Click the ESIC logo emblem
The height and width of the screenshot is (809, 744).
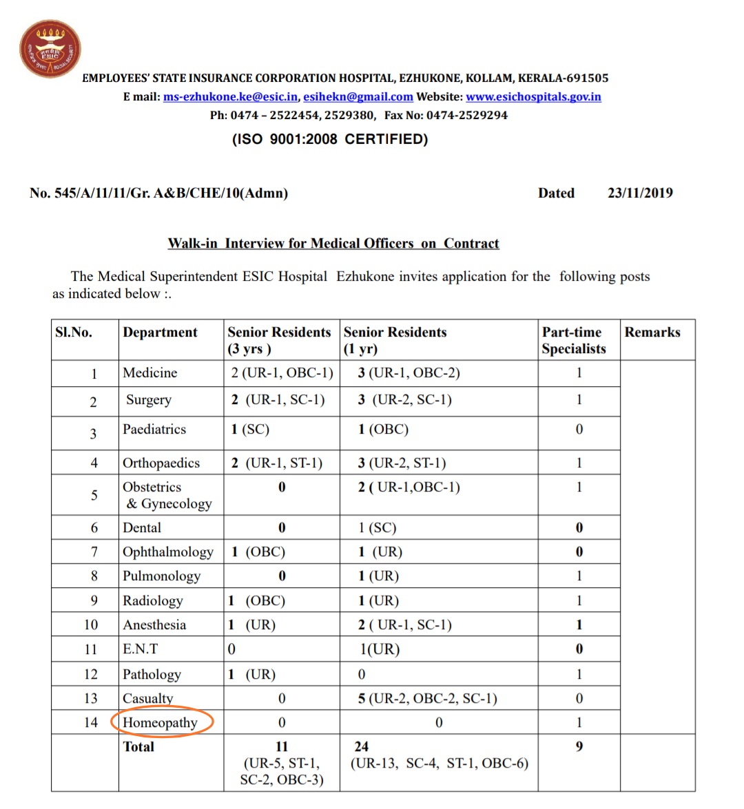[50, 49]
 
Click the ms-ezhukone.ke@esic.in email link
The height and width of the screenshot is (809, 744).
[230, 97]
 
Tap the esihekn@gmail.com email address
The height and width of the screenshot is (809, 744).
[358, 97]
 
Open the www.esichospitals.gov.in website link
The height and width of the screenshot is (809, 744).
[533, 97]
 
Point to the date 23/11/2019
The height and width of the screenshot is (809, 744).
[640, 193]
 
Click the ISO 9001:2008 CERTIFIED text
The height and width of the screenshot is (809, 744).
[330, 140]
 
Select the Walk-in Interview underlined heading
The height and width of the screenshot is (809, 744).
[333, 244]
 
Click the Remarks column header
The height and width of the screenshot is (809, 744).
[652, 333]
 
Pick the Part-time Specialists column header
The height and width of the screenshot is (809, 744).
[573, 341]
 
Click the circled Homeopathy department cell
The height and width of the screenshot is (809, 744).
[161, 723]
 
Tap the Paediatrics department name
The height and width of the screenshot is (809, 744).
[154, 430]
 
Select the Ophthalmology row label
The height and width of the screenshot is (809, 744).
[168, 552]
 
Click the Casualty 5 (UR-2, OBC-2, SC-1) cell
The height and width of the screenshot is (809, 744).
[427, 699]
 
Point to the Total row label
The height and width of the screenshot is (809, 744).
[138, 747]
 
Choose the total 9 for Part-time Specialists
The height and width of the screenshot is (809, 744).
[579, 747]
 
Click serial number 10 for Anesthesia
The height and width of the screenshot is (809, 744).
[91, 625]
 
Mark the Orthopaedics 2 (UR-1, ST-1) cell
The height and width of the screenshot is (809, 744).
[277, 463]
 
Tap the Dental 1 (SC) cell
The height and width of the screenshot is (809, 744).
[377, 528]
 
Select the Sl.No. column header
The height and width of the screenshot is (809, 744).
[74, 333]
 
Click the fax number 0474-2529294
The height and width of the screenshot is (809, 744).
[467, 116]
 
